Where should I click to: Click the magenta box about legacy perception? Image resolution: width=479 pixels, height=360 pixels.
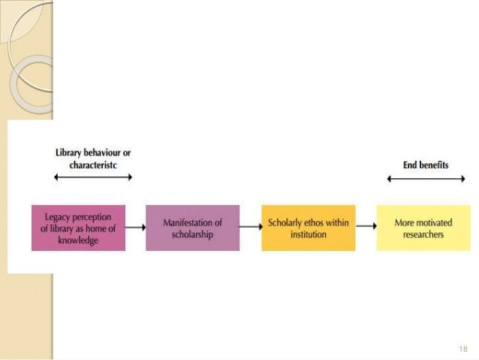(79, 227)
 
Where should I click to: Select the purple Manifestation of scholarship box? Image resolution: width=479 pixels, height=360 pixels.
(193, 227)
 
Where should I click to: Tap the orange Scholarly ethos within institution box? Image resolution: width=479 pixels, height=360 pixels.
(309, 227)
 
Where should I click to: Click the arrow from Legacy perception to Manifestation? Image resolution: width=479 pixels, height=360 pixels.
(135, 225)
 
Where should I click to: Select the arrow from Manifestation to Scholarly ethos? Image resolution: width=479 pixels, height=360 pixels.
(250, 225)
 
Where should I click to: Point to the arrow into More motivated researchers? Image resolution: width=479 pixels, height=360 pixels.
(366, 225)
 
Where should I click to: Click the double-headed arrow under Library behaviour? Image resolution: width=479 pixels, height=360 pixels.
(93, 177)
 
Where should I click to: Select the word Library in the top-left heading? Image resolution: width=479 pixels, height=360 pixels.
(68, 153)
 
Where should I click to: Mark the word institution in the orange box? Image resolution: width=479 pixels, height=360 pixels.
(309, 234)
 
